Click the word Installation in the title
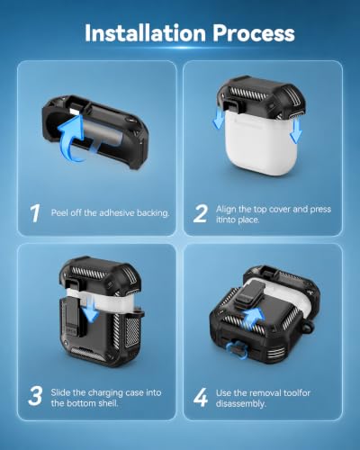click(x=145, y=33)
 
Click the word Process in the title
click(x=254, y=33)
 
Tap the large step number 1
click(x=35, y=213)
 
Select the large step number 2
click(x=200, y=213)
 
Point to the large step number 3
click(x=35, y=396)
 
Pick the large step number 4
click(x=201, y=397)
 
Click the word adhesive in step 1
click(x=117, y=212)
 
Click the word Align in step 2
click(x=226, y=210)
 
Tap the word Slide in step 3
click(x=60, y=392)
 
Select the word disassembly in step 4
click(x=241, y=404)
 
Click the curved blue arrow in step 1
click(x=71, y=139)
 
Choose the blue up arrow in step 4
click(x=253, y=319)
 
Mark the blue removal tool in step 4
click(x=237, y=350)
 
